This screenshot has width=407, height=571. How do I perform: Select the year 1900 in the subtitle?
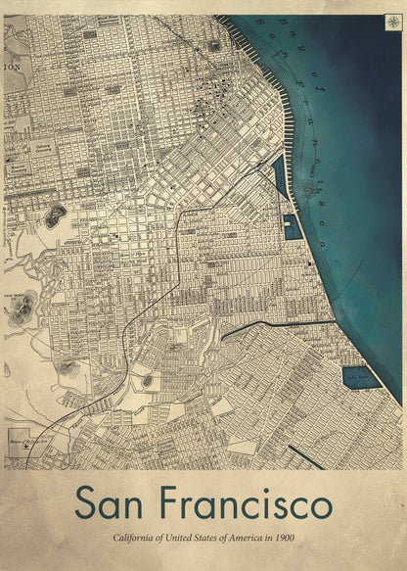click(x=284, y=540)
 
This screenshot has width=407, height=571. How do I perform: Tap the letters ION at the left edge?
click(x=12, y=68)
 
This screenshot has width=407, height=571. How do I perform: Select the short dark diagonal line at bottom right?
click(x=305, y=457)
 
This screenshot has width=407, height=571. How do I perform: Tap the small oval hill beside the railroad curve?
click(x=147, y=380)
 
